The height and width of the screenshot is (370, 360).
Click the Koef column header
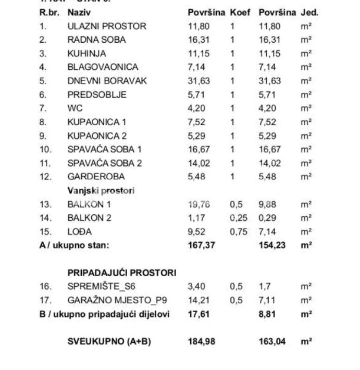[x=240, y=13]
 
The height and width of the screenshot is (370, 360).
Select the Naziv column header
[x=79, y=13]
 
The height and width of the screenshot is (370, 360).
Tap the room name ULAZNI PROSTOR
[x=107, y=26]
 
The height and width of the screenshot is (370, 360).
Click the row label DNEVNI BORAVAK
[x=107, y=81]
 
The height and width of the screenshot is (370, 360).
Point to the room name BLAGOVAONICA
[x=103, y=67]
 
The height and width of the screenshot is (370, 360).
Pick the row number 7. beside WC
[x=43, y=108]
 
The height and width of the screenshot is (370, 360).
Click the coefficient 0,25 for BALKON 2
[x=239, y=218]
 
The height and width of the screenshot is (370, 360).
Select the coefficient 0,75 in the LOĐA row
[x=239, y=232]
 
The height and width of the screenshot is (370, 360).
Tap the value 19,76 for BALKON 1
[x=199, y=204]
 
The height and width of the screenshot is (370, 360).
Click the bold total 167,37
[x=202, y=245]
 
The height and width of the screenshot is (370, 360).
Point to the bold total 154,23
[x=272, y=245]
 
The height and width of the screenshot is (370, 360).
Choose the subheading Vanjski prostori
[x=101, y=191]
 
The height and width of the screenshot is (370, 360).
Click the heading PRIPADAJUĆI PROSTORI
[x=122, y=273]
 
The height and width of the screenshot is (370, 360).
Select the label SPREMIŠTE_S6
[x=101, y=286]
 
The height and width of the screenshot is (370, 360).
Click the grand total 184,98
[x=202, y=342]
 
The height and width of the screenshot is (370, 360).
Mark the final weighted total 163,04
[x=272, y=342]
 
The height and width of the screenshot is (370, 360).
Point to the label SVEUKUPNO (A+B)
[x=109, y=342]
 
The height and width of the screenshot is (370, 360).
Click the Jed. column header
[x=309, y=13]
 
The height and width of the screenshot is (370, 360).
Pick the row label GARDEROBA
[x=96, y=177]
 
